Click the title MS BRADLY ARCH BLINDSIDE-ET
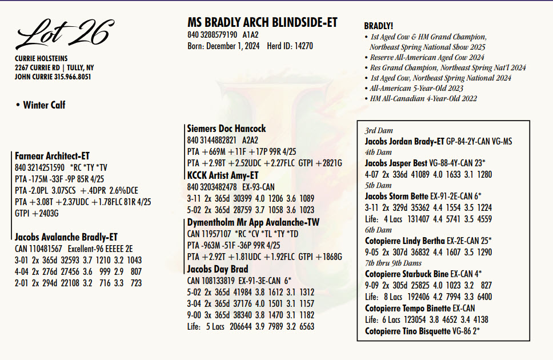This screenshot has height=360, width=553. [x=262, y=23]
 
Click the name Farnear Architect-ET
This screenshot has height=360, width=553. [x=52, y=156]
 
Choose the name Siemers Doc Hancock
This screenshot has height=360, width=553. [x=226, y=129]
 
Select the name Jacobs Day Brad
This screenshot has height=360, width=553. [x=217, y=269]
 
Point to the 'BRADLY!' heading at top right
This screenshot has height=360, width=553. [x=378, y=26]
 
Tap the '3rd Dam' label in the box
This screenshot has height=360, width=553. [x=379, y=131]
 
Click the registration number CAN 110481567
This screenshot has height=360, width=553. [x=39, y=249]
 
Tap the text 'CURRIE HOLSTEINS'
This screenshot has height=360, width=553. [x=42, y=58]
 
